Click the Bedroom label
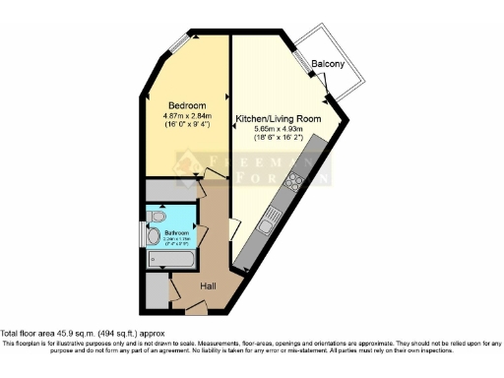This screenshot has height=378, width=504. [187, 105]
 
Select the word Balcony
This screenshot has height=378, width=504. [328, 65]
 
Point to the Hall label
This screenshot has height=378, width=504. [209, 285]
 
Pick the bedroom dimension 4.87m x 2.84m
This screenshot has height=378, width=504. [187, 116]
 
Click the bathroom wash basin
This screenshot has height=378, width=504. [155, 236]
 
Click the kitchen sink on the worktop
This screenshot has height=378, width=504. [266, 226]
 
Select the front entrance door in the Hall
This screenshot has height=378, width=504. [195, 309]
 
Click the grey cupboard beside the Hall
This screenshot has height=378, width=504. [155, 288]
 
